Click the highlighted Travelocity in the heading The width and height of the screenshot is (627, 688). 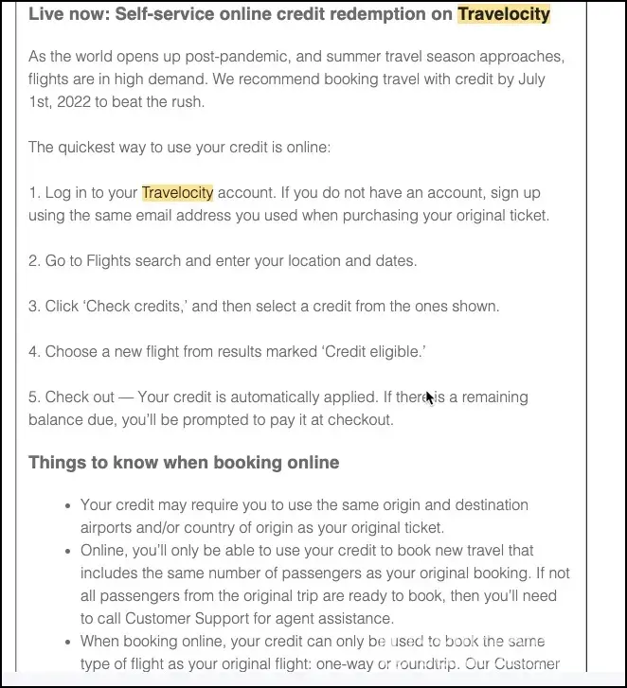[x=503, y=14]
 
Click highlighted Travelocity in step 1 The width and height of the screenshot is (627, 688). [x=177, y=192]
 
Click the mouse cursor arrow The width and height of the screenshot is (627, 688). [x=429, y=397]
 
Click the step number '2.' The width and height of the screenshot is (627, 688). [x=35, y=260]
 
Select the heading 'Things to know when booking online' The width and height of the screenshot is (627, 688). [x=184, y=463]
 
